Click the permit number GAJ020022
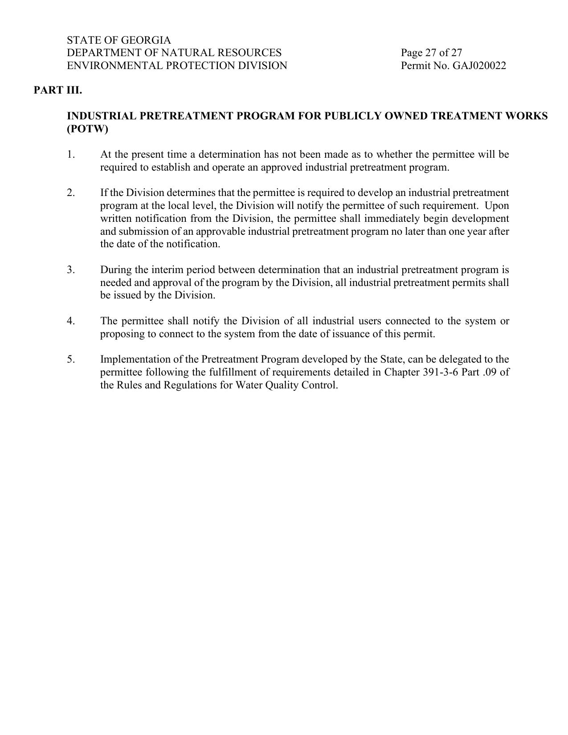coord(479,66)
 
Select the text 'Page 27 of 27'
coord(431,53)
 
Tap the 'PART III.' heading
coord(58,90)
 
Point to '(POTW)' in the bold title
coord(87,129)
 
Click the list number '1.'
coord(71,155)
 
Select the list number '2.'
coord(71,193)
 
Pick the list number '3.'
coord(71,270)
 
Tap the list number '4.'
coord(71,321)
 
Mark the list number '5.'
coord(71,359)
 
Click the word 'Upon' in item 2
coord(497,206)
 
